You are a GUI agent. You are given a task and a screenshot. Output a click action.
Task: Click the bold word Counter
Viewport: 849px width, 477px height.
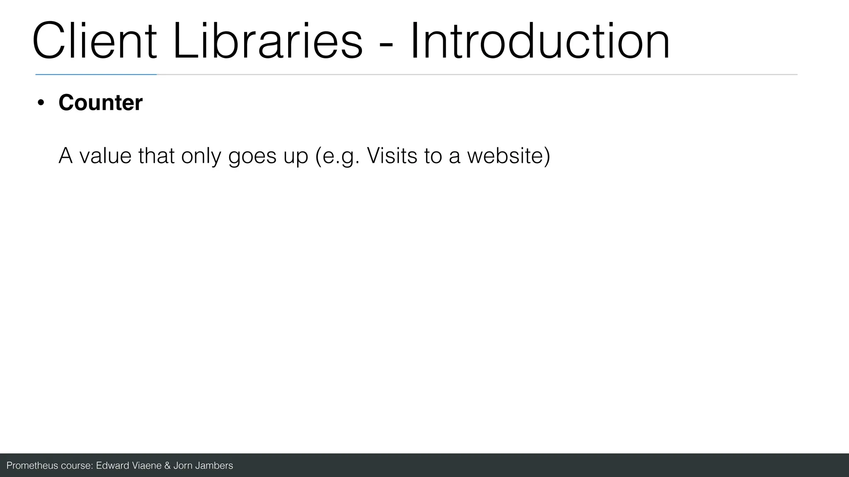100,103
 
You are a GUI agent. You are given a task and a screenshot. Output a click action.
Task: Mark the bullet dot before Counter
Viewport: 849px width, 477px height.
41,103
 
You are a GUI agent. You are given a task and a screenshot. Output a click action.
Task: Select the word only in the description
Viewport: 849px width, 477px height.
201,156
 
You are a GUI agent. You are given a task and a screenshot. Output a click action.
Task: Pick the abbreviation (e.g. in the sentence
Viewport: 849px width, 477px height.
337,157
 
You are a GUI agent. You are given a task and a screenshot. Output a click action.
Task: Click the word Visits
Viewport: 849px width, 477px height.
392,156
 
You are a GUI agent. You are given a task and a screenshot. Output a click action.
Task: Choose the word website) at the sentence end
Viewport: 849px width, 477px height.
509,156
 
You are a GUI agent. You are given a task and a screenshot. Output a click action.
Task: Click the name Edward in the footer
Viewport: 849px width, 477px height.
112,466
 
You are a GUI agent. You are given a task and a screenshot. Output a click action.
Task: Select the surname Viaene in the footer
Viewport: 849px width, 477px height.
146,466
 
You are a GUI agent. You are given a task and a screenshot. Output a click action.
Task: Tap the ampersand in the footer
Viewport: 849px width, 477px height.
167,466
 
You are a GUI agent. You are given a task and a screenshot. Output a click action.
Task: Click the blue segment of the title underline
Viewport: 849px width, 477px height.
96,75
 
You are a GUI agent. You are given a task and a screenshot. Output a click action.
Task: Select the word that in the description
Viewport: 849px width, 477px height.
156,156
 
